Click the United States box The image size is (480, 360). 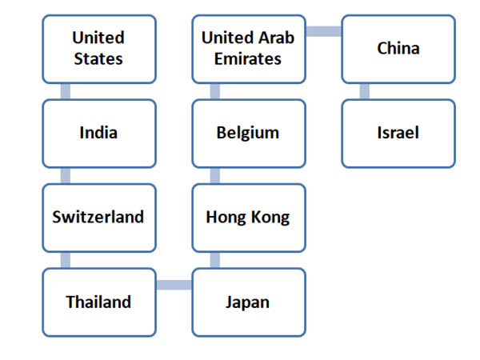pyautogui.click(x=98, y=48)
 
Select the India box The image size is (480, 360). pyautogui.click(x=98, y=133)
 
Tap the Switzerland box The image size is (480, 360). pyautogui.click(x=98, y=218)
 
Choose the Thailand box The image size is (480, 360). pyautogui.click(x=98, y=302)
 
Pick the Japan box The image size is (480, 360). pyautogui.click(x=248, y=302)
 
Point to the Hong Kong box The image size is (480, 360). pyautogui.click(x=248, y=218)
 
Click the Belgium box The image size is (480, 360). pyautogui.click(x=248, y=133)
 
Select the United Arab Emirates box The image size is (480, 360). pyautogui.click(x=248, y=48)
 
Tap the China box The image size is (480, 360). pyautogui.click(x=398, y=48)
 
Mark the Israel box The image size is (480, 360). pyautogui.click(x=398, y=133)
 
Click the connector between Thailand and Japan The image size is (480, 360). pyautogui.click(x=173, y=285)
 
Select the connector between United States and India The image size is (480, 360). pyautogui.click(x=66, y=90)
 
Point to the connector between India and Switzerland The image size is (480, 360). pyautogui.click(x=66, y=175)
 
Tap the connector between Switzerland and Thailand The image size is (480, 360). pyautogui.click(x=66, y=260)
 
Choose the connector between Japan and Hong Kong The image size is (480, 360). pyautogui.click(x=215, y=260)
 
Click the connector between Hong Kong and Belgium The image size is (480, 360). pyautogui.click(x=215, y=175)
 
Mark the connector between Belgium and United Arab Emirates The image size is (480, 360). pyautogui.click(x=215, y=90)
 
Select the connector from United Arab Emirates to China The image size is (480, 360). pyautogui.click(x=323, y=31)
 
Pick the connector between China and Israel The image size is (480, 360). pyautogui.click(x=365, y=90)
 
